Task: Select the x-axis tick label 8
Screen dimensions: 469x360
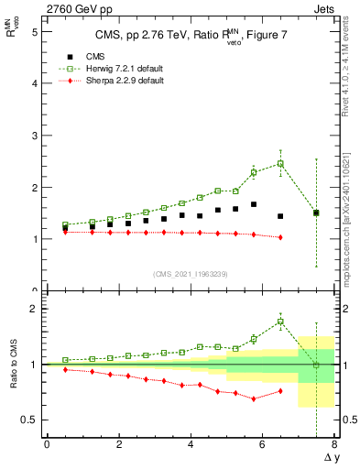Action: [x=334, y=444]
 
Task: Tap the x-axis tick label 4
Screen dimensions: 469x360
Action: [x=191, y=444]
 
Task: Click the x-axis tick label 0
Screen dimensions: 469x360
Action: [x=47, y=444]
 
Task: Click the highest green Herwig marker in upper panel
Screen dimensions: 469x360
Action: [x=280, y=163]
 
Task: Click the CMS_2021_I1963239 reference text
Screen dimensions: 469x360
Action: [x=190, y=274]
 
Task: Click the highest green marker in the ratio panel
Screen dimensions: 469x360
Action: [x=280, y=322]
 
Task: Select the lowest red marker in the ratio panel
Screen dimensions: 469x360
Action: [x=254, y=399]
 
